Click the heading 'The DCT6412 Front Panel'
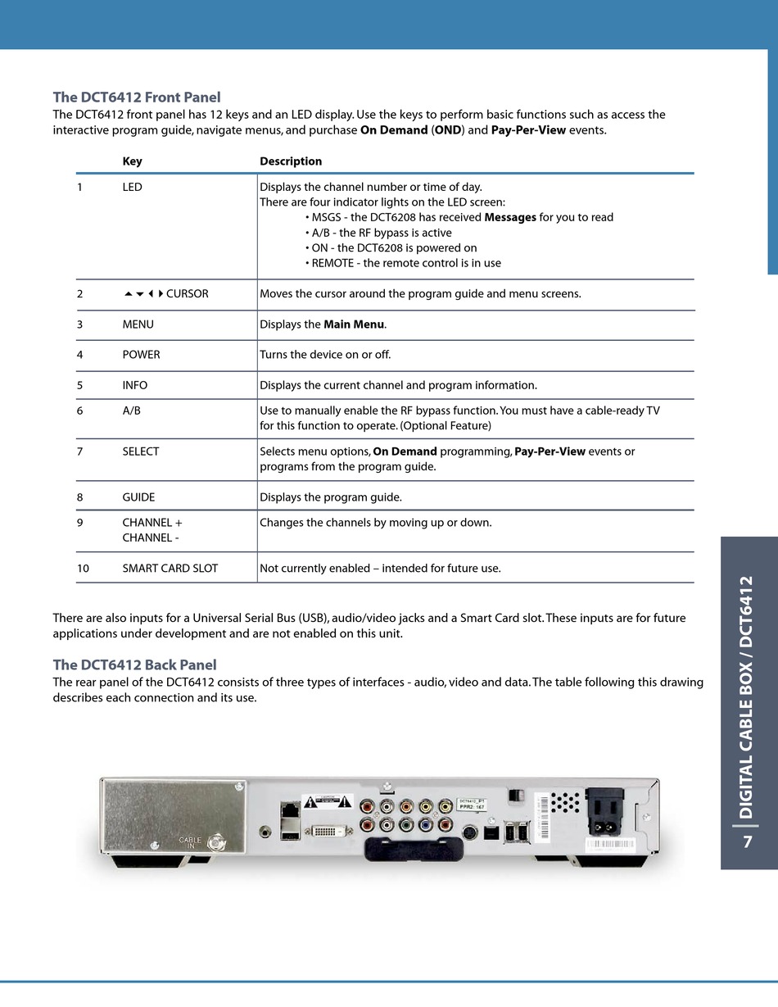click(137, 98)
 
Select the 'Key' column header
click(132, 161)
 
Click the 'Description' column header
click(291, 161)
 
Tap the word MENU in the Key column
click(138, 324)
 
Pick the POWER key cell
click(141, 355)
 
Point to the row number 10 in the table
click(83, 568)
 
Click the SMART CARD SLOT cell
click(170, 568)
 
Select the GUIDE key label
click(138, 497)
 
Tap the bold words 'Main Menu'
click(353, 324)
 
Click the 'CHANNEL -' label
click(152, 538)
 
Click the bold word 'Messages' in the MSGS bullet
click(510, 217)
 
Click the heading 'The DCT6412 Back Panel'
click(134, 665)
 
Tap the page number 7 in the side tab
click(747, 842)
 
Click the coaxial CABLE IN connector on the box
click(217, 841)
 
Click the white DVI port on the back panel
click(334, 832)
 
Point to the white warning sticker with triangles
click(327, 803)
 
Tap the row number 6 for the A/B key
click(79, 411)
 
